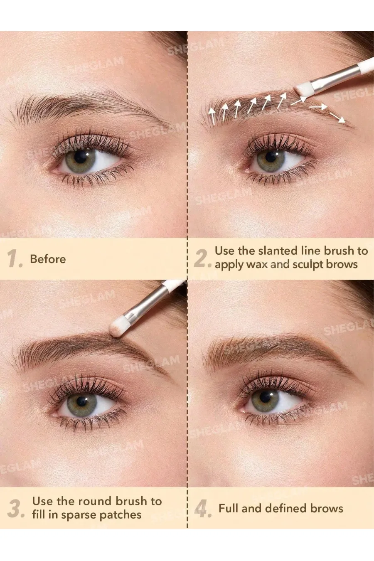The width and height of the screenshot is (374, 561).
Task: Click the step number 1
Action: coord(14,259)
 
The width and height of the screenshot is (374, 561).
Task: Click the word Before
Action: coord(48,259)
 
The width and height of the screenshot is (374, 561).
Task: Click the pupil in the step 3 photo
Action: coord(82,402)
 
